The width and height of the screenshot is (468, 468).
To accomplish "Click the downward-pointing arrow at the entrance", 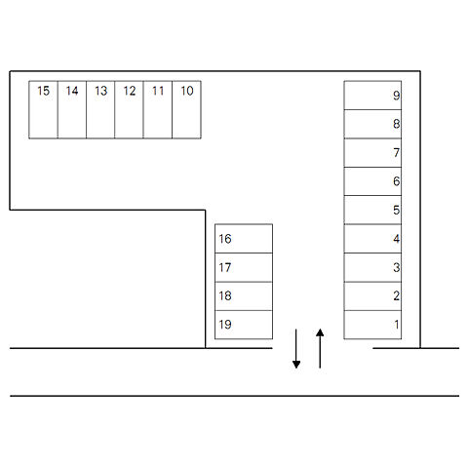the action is click(x=296, y=349).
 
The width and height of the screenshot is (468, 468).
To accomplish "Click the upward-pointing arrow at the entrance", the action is click(x=320, y=348).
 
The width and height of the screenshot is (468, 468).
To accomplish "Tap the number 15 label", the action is click(x=43, y=91).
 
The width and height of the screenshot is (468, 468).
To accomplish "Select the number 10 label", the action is click(x=187, y=91).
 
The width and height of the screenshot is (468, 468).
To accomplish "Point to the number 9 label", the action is click(x=396, y=96).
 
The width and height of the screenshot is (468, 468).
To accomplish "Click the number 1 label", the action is click(x=397, y=325).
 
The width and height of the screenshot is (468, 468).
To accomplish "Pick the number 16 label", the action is click(x=225, y=239).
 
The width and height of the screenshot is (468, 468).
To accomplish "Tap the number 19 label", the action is click(x=225, y=325).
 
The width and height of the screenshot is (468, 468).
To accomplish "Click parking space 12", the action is click(x=129, y=110).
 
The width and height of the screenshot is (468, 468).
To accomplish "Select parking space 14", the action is click(x=72, y=110).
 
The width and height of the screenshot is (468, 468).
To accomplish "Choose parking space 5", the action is click(x=372, y=210).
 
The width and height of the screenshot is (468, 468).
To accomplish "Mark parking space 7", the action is click(x=372, y=153).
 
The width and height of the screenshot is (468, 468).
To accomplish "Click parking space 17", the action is click(x=244, y=267).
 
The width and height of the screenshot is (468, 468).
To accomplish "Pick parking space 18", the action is click(x=244, y=296).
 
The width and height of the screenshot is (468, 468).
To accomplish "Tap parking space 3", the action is click(x=372, y=267).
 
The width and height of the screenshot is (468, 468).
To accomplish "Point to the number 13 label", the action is click(x=100, y=91).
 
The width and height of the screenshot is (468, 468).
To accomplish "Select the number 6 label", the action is click(x=396, y=181).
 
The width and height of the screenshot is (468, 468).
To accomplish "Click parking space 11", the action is click(x=158, y=110).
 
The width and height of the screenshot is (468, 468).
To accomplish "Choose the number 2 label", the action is click(x=396, y=295).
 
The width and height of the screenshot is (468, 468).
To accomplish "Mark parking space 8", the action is click(x=372, y=124).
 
